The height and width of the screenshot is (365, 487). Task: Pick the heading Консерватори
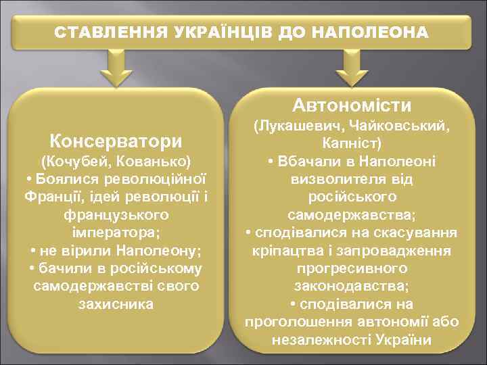click(116, 141)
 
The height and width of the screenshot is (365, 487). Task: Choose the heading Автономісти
click(352, 105)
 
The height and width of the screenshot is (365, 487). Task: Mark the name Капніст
click(352, 144)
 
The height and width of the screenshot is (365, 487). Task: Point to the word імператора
click(114, 233)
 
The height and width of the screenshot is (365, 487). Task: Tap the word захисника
click(116, 303)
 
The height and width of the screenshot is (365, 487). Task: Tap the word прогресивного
click(352, 268)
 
